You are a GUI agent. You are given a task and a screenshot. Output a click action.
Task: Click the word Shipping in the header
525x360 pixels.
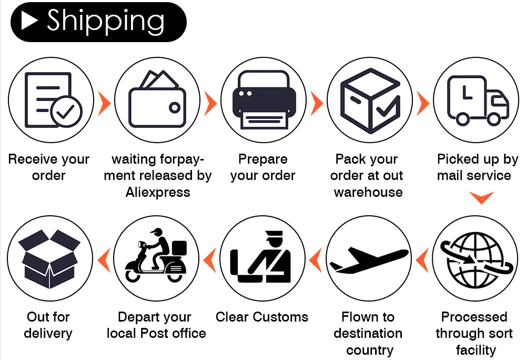point(105,21)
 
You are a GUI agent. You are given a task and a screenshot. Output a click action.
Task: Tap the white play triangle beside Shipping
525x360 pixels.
point(29,21)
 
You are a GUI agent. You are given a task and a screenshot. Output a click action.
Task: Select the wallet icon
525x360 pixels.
point(156,100)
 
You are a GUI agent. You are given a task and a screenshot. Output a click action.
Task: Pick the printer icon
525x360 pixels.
point(263,100)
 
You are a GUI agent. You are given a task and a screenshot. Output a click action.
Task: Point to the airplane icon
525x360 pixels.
point(368,259)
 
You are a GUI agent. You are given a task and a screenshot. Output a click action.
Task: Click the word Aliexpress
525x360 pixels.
point(158,192)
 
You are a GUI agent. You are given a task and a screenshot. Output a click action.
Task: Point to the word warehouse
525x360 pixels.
point(368,192)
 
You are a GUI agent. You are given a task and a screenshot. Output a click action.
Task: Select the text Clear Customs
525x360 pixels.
point(262,317)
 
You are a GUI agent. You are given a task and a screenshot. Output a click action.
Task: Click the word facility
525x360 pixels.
point(476,350)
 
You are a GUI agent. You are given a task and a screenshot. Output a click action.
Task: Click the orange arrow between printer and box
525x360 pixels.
point(317,104)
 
